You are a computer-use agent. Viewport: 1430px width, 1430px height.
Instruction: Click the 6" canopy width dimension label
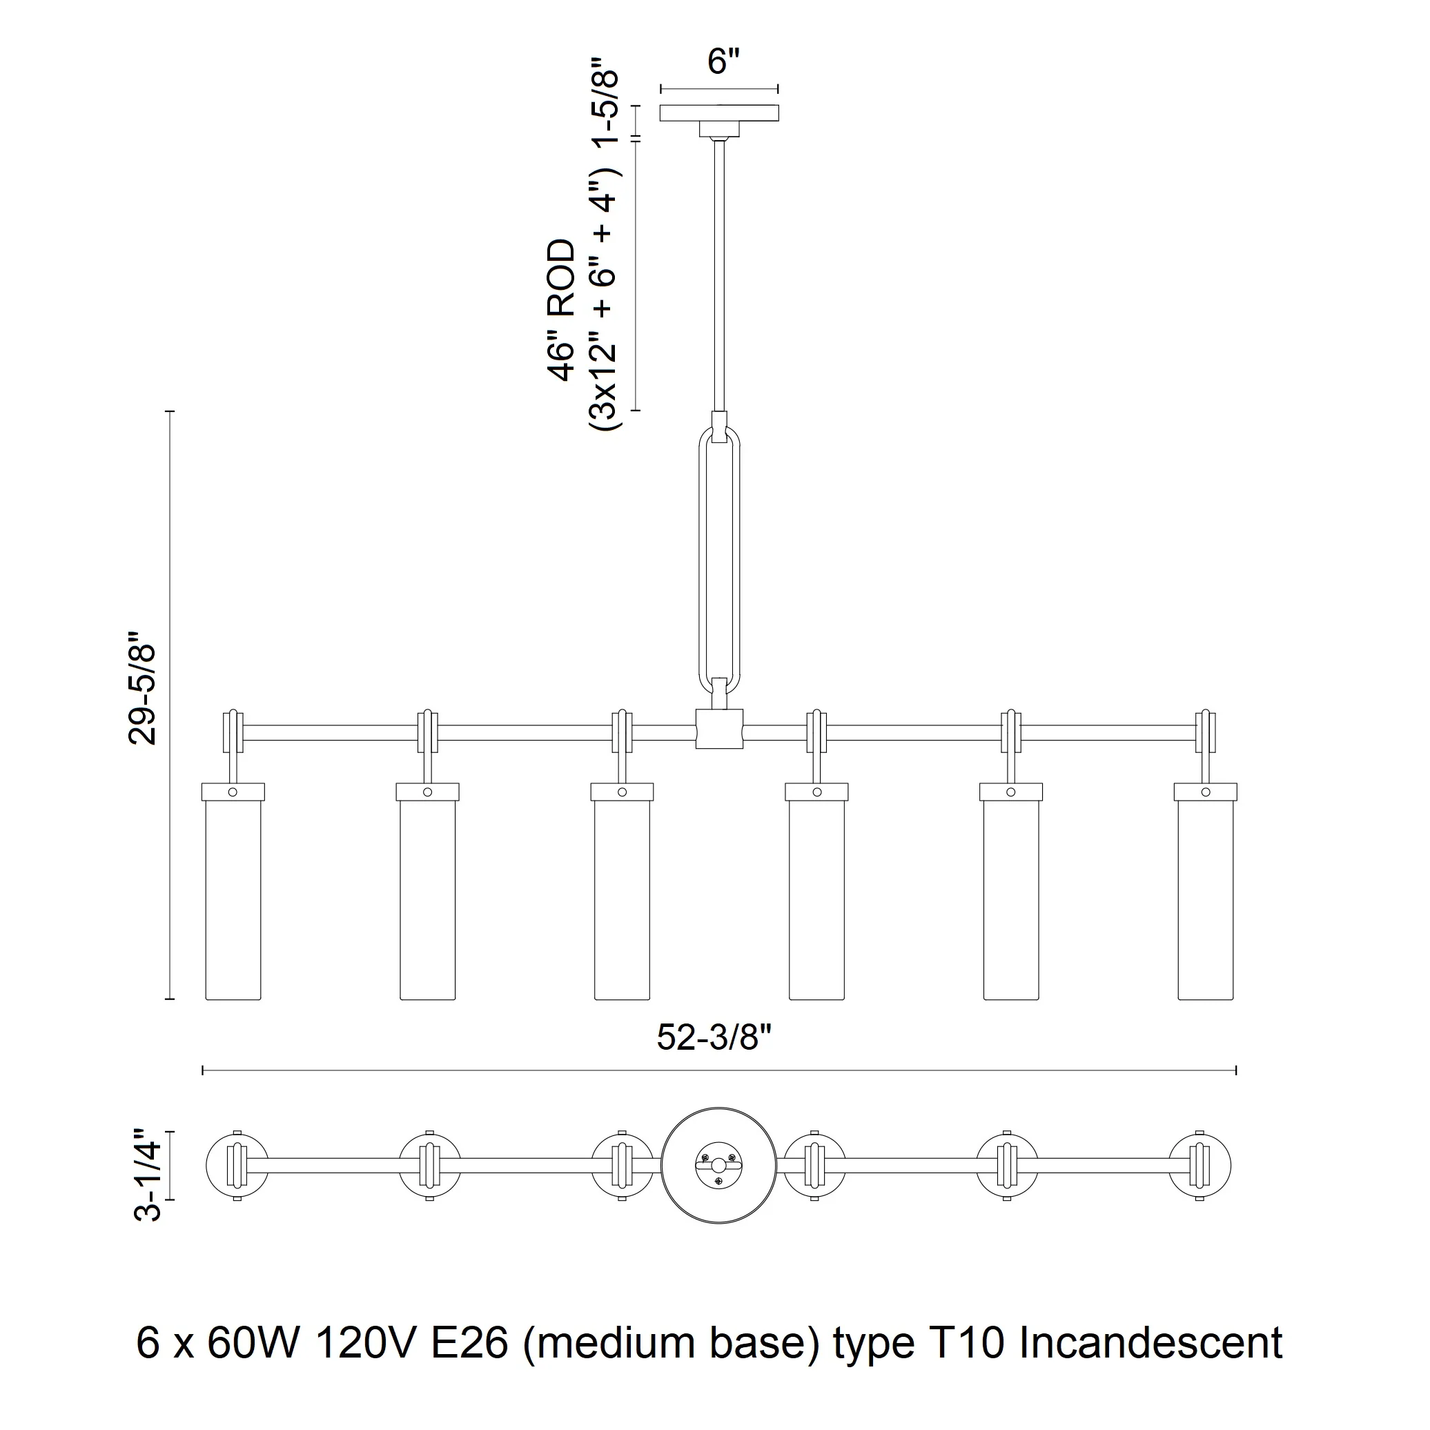723,61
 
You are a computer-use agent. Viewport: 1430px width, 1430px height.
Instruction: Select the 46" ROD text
562,310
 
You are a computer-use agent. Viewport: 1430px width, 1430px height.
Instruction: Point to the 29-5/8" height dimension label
142,687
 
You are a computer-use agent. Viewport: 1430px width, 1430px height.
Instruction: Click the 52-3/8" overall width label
714,1039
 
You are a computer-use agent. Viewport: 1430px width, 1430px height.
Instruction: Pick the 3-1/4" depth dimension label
147,1175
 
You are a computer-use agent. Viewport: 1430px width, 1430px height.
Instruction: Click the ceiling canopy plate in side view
718,112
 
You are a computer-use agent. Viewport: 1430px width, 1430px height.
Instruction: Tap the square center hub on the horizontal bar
719,728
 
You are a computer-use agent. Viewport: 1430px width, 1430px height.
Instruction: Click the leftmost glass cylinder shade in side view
233,891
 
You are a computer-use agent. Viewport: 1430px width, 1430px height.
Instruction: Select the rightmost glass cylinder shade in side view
1205,891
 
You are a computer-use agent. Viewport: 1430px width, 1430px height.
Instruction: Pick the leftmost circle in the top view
237,1165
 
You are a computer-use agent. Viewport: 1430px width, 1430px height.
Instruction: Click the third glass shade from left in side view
622,891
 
